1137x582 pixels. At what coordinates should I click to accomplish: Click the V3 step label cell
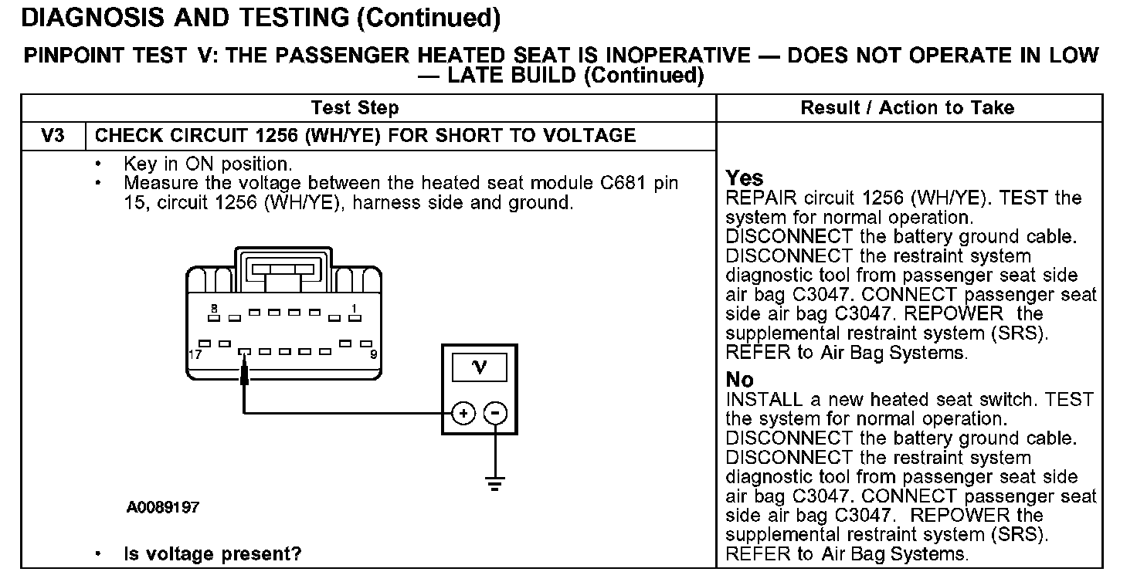point(53,137)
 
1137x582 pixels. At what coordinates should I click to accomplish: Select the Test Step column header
point(355,108)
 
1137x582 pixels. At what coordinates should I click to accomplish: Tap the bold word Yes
point(745,179)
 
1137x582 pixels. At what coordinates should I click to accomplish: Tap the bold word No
point(739,380)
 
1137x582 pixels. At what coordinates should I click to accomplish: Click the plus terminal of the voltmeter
point(463,414)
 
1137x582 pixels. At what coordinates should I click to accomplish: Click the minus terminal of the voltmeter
point(495,414)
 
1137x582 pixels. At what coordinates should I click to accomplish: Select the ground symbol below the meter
point(495,485)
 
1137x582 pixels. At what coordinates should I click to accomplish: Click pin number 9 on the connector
point(373,355)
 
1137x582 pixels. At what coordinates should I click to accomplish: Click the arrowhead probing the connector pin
point(244,373)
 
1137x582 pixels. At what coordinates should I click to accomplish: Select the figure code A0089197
point(163,508)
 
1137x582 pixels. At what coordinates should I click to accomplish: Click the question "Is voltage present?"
point(212,553)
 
